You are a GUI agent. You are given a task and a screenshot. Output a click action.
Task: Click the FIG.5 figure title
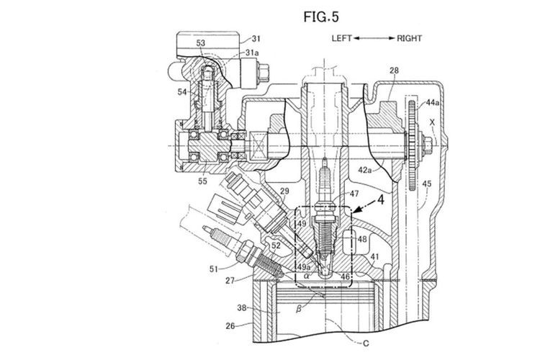click(x=321, y=17)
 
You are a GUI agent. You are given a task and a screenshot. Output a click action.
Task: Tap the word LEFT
click(x=341, y=38)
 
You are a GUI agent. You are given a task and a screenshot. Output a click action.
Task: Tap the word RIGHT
click(x=409, y=38)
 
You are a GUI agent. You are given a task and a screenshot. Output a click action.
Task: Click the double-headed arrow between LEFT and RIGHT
click(x=374, y=38)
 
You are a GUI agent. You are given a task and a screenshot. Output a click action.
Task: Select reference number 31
click(x=256, y=39)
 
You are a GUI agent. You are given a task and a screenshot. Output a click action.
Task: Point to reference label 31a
click(x=252, y=53)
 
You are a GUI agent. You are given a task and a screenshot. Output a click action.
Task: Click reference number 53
click(x=201, y=43)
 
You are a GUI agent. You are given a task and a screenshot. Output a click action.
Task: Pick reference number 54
click(x=182, y=92)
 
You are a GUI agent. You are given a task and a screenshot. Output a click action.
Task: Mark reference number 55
click(x=202, y=181)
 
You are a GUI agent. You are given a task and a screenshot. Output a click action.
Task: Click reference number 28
click(x=394, y=71)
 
